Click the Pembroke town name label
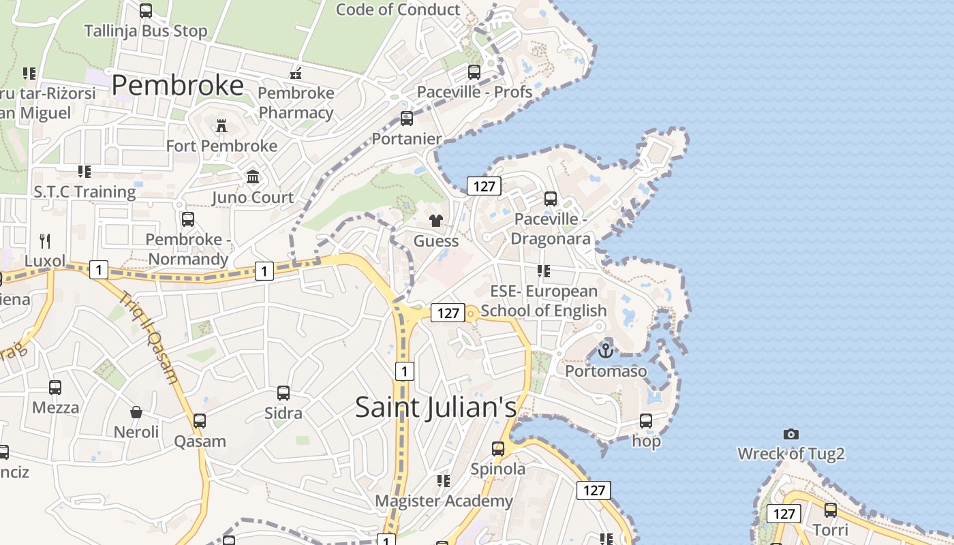[x=177, y=85]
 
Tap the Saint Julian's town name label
[x=436, y=407]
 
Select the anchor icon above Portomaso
[x=605, y=352]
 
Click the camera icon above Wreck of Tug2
[x=790, y=434]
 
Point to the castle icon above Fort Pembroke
[x=221, y=126]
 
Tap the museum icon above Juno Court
[x=253, y=177]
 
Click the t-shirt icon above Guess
[x=436, y=221]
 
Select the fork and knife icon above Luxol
[x=45, y=240]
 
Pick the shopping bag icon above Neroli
[x=136, y=412]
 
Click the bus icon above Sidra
[x=283, y=393]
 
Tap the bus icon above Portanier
[x=406, y=119]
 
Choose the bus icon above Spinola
[x=498, y=449]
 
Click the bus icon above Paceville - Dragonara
[x=550, y=199]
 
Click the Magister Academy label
[x=444, y=501]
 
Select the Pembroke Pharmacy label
[x=296, y=103]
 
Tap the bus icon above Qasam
[x=200, y=421]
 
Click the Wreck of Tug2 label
[x=791, y=454]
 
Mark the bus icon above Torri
[x=831, y=510]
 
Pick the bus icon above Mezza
[x=55, y=388]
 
